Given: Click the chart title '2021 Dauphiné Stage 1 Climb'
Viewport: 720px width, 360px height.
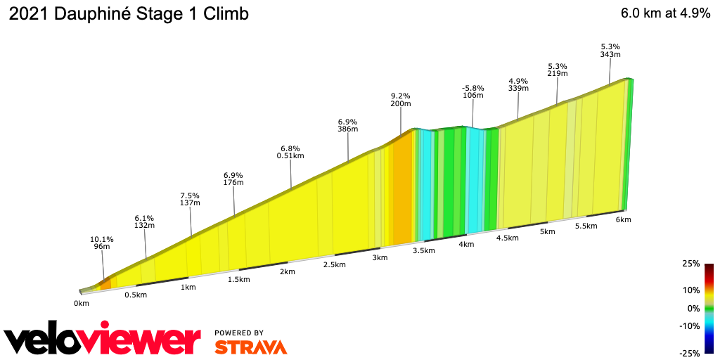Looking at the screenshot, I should tap(129, 14).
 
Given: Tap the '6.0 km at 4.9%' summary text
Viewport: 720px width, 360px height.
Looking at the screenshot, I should tap(665, 14).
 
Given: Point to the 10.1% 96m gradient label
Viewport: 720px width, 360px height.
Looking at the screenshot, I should tap(102, 243).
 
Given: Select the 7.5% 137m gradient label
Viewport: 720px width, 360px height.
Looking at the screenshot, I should tap(190, 199).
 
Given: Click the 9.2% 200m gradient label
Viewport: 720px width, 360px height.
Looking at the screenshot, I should tap(401, 99).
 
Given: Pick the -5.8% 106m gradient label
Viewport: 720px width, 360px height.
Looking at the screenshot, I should tap(472, 91).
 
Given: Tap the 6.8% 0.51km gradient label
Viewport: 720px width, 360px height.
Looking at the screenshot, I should tap(290, 153).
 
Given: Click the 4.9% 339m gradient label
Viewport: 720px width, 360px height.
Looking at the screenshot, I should tap(518, 84).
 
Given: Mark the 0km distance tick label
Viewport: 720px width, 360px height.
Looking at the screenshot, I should tap(82, 303).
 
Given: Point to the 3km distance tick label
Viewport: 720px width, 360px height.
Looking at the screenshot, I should tap(380, 257).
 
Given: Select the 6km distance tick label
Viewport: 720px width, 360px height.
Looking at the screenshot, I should tap(623, 220).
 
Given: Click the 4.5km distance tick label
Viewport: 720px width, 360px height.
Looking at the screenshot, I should tap(507, 238).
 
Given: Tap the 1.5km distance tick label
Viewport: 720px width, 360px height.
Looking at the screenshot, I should tap(238, 279).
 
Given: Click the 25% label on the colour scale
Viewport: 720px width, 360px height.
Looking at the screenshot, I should tap(691, 264).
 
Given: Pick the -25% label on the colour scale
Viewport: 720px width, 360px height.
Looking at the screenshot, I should tap(690, 353).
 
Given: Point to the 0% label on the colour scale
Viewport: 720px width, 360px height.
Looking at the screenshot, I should tap(693, 308).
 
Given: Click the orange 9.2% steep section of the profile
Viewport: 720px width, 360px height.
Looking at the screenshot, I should tap(401, 190).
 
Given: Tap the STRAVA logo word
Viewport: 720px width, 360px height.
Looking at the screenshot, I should tap(250, 347).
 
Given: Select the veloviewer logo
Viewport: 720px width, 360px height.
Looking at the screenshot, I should tap(103, 340).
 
